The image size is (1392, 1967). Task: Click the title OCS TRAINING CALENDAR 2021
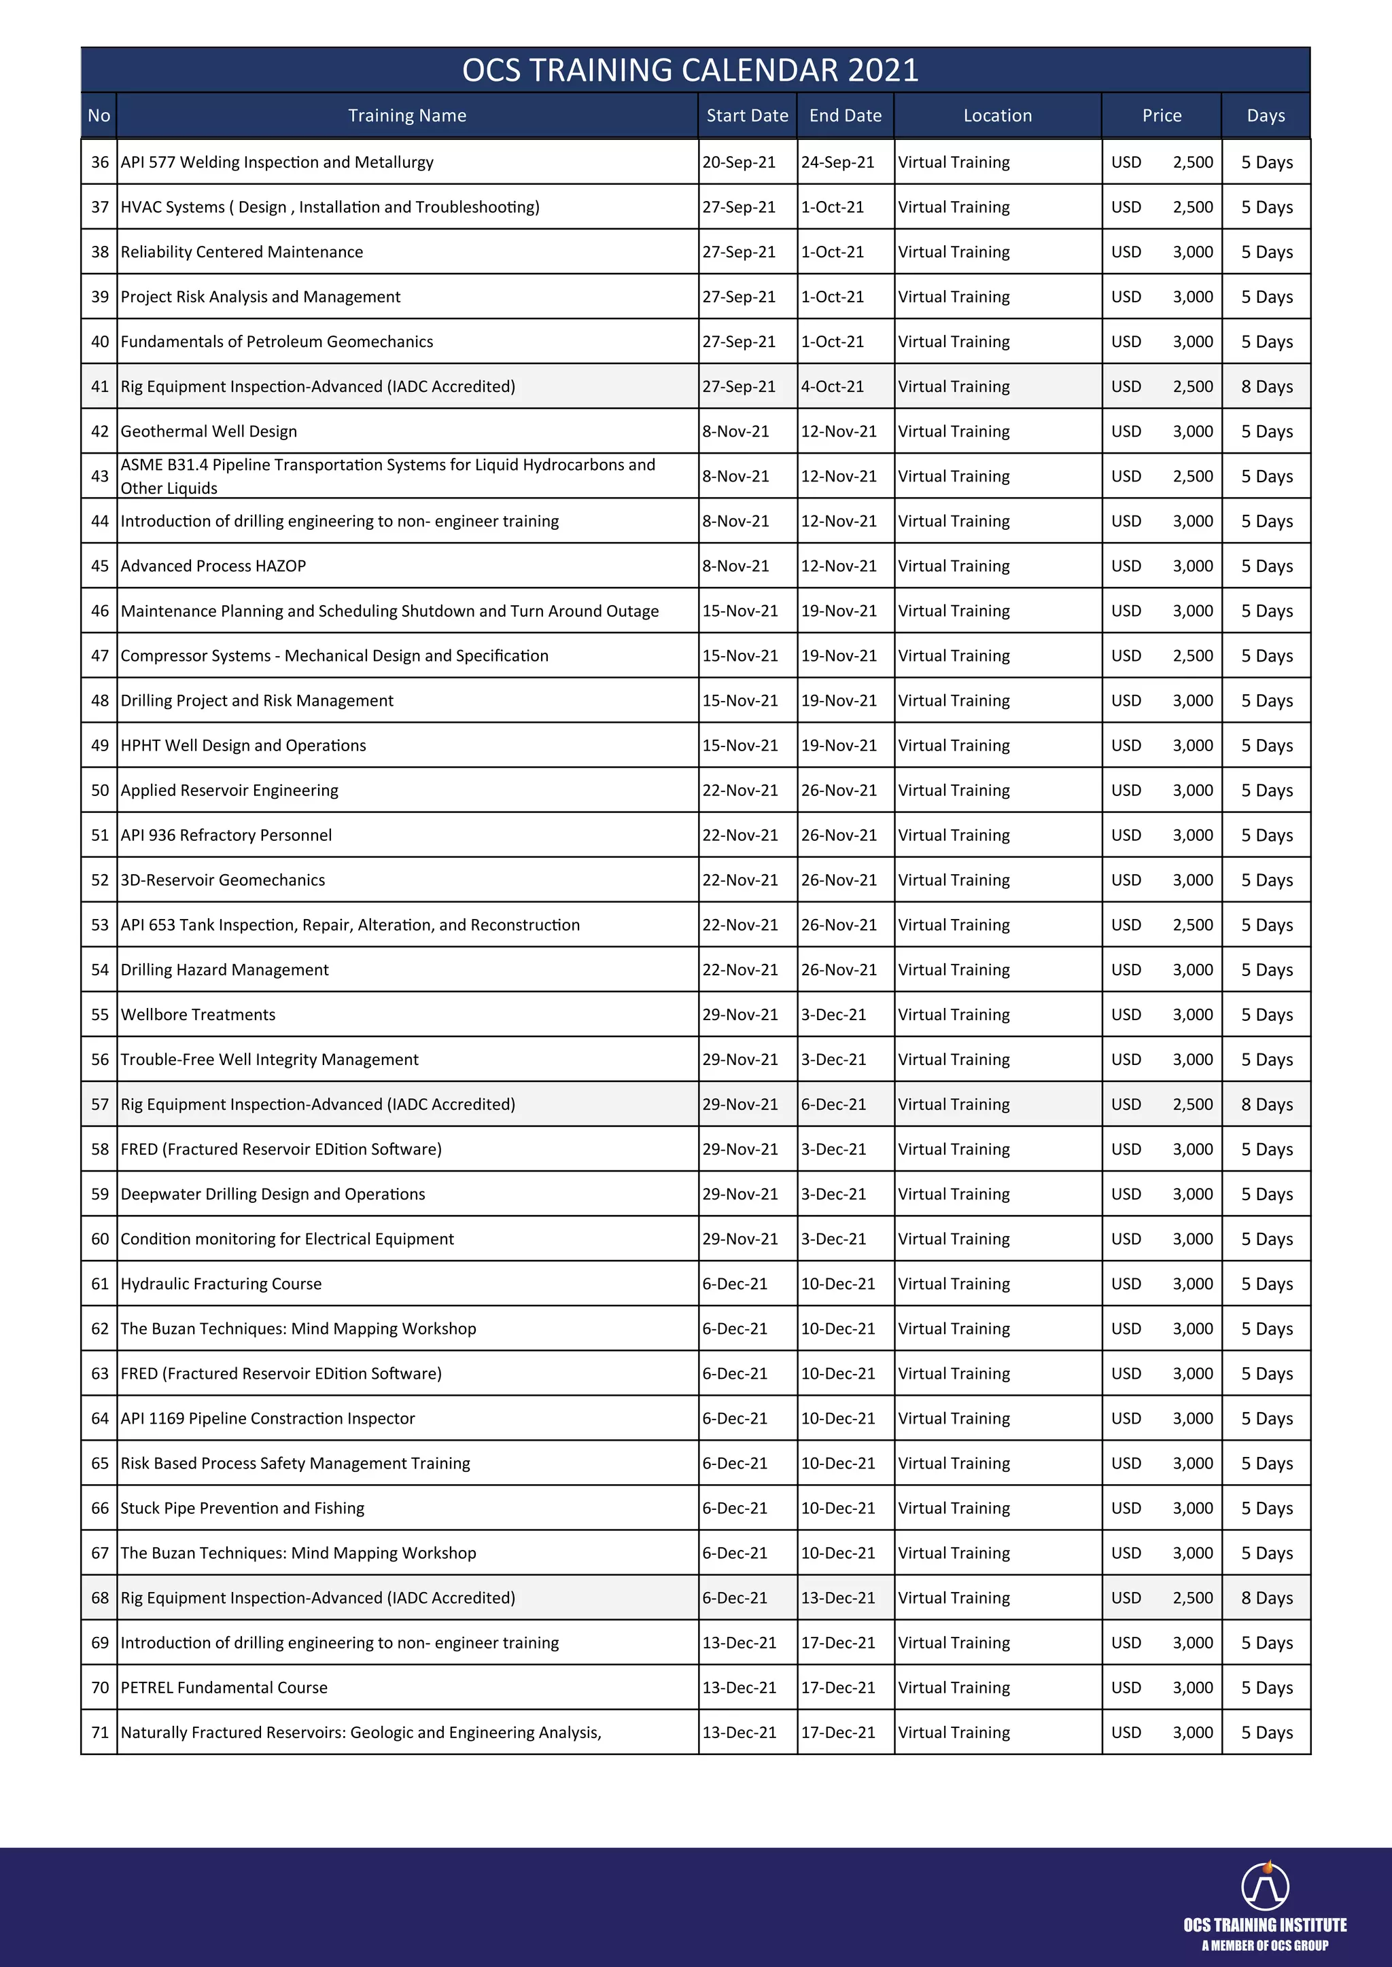[690, 70]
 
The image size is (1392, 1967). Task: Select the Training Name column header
[407, 115]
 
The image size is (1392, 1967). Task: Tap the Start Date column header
[746, 115]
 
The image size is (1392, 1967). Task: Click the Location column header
[997, 115]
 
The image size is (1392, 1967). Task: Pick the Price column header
[1162, 115]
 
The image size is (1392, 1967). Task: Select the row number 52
[99, 880]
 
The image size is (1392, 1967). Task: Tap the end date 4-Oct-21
[833, 387]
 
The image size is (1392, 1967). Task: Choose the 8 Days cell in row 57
[1266, 1104]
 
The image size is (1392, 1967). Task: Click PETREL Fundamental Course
[224, 1688]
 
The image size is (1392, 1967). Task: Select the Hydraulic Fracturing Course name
[221, 1283]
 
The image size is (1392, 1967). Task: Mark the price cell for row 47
[1162, 656]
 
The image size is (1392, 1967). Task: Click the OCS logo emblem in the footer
[1265, 1885]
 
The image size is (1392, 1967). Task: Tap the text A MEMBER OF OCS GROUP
[1264, 1945]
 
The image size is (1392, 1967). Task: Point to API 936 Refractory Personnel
[226, 835]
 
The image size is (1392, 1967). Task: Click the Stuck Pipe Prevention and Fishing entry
[243, 1508]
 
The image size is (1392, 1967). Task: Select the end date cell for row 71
[838, 1732]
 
